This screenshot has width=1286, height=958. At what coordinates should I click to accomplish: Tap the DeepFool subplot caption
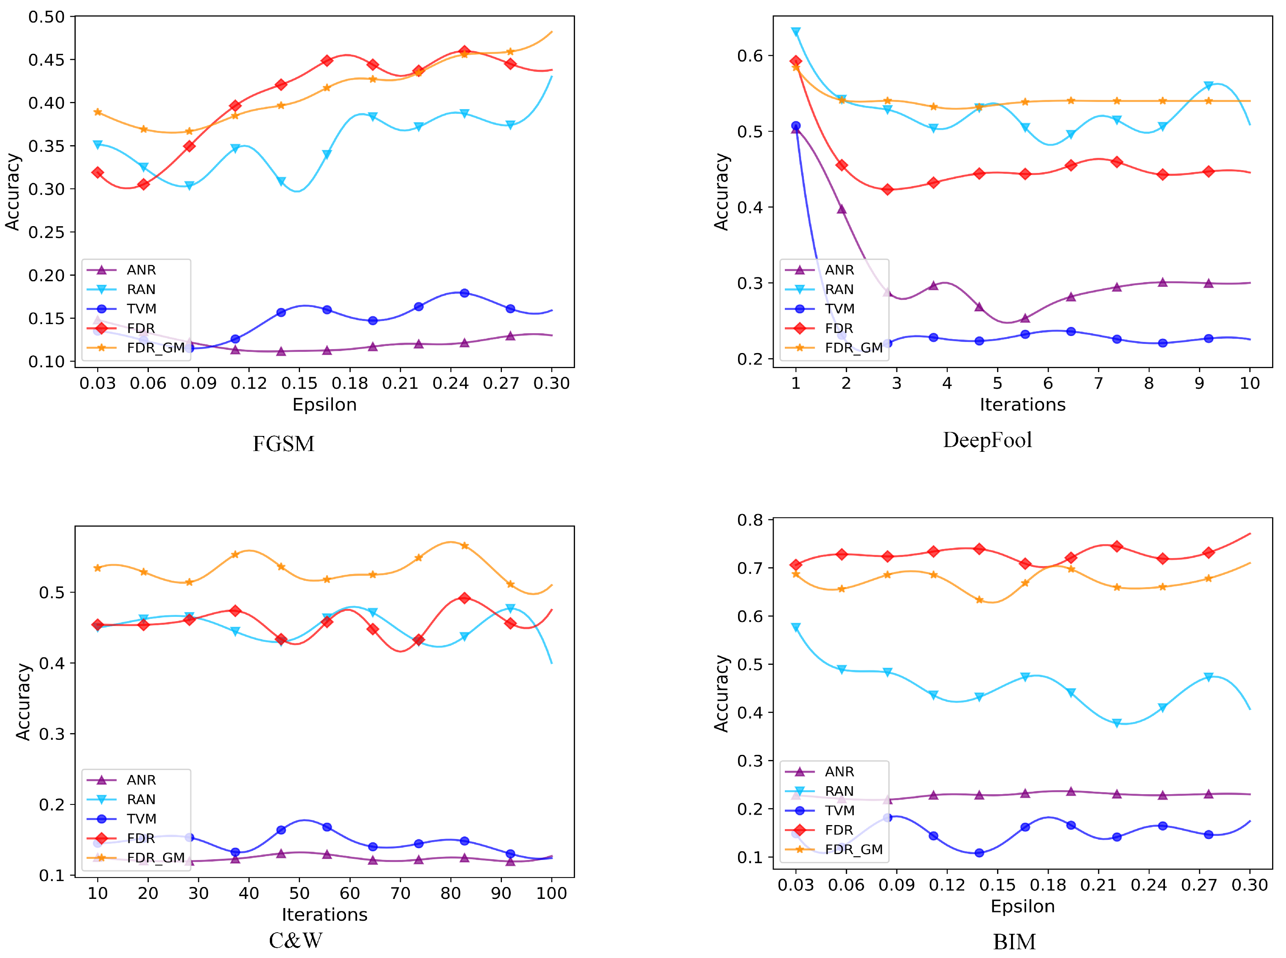pyautogui.click(x=987, y=440)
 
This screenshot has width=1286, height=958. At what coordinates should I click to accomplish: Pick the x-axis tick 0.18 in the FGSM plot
pyautogui.click(x=350, y=383)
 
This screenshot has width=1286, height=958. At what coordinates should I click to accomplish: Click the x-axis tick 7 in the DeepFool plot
pyautogui.click(x=1098, y=383)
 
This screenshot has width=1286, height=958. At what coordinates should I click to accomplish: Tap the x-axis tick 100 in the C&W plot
pyautogui.click(x=551, y=893)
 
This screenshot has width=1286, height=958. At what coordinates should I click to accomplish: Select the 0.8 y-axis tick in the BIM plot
pyautogui.click(x=750, y=520)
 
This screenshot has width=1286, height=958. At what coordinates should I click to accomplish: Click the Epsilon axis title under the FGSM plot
pyautogui.click(x=324, y=405)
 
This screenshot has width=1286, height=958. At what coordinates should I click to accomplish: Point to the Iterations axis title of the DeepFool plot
pyautogui.click(x=1022, y=405)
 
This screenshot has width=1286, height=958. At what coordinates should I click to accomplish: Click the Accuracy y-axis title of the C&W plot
pyautogui.click(x=23, y=702)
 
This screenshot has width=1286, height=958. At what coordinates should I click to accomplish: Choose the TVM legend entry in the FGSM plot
pyautogui.click(x=141, y=309)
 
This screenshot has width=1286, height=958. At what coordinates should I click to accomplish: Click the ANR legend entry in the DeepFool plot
pyautogui.click(x=839, y=270)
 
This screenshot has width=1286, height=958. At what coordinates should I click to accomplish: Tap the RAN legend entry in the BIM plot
pyautogui.click(x=839, y=791)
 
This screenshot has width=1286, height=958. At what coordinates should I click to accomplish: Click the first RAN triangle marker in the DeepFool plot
pyautogui.click(x=796, y=32)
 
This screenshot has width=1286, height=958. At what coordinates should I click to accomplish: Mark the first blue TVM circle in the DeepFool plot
pyautogui.click(x=796, y=126)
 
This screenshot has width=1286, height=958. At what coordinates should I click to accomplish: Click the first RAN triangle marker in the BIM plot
pyautogui.click(x=796, y=628)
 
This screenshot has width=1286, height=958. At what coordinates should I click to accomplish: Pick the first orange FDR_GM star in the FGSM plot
pyautogui.click(x=98, y=112)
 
